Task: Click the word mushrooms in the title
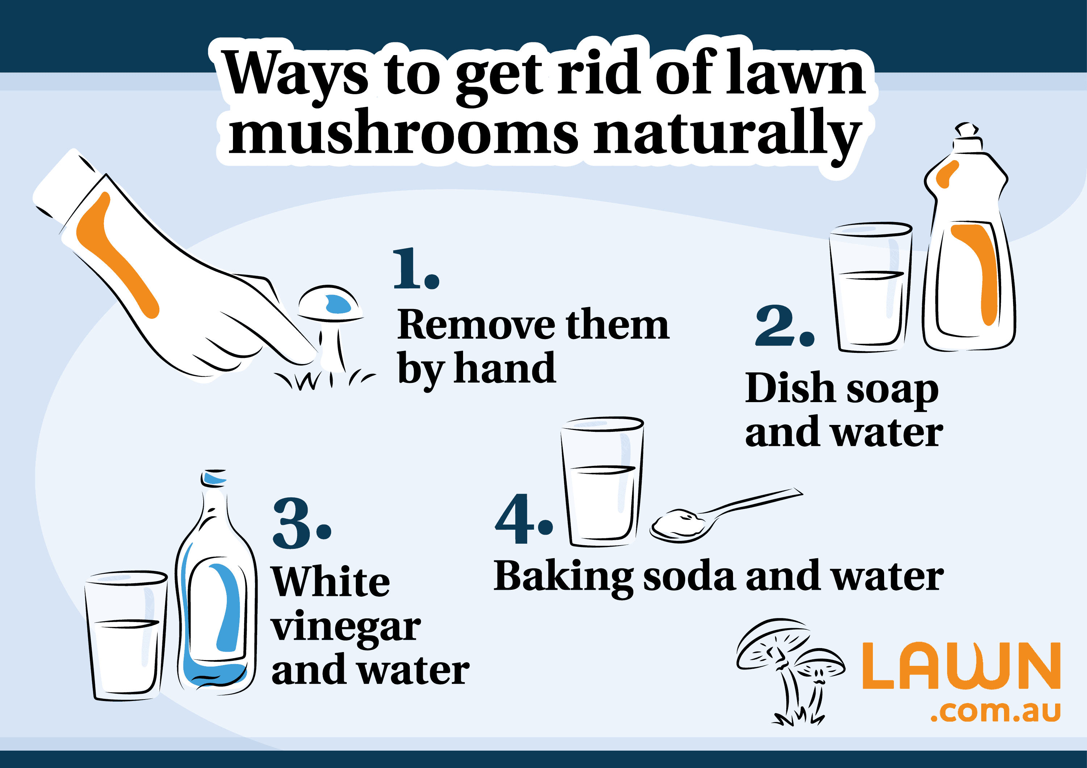pos(403,133)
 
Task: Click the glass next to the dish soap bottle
pos(870,289)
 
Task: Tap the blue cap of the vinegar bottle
pos(215,478)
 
